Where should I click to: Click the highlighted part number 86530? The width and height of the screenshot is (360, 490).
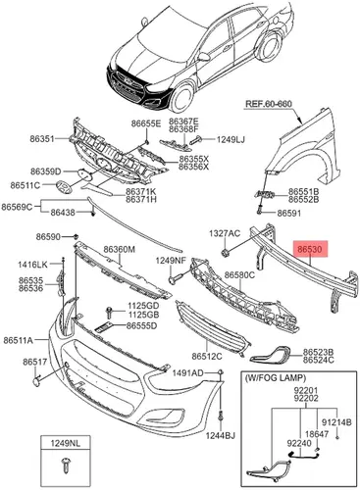coord(310,250)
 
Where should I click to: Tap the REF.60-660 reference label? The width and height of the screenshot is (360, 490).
coord(268,104)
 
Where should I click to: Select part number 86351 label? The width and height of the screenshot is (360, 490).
coord(42,138)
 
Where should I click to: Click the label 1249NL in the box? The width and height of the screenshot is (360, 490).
coord(65,443)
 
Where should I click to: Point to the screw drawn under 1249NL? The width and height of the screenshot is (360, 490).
coord(65,465)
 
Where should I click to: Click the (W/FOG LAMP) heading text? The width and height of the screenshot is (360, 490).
coord(275,378)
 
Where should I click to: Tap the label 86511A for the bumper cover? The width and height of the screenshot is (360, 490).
coord(19,340)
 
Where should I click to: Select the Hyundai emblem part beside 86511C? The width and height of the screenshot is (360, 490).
coord(64,187)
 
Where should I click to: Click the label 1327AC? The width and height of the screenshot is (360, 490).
coord(225,233)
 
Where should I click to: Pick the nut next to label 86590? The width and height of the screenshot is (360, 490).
coord(76,236)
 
